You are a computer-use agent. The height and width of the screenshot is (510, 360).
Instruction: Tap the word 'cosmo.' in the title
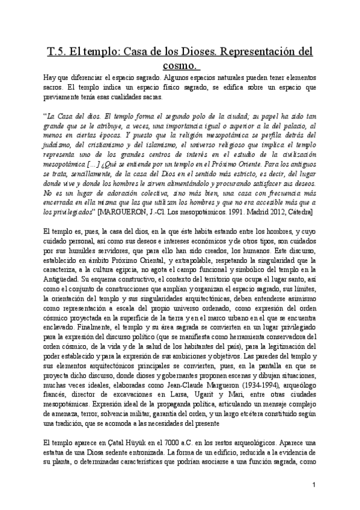[182, 64]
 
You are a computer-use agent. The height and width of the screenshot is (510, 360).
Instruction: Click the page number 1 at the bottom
[314, 484]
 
